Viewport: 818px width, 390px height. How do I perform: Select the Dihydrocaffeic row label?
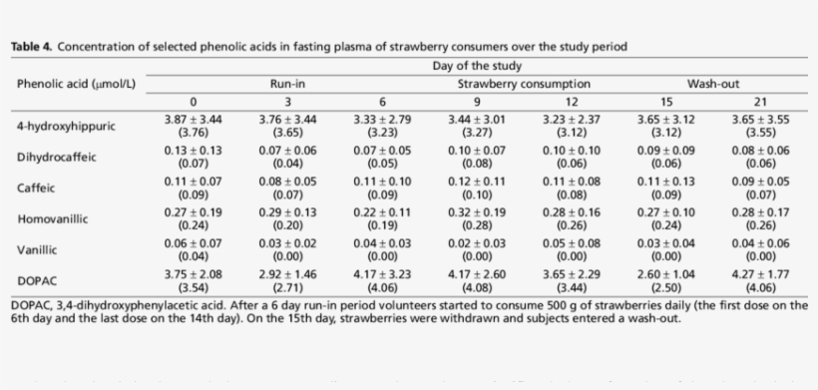click(57, 157)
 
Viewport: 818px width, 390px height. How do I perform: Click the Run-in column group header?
click(287, 85)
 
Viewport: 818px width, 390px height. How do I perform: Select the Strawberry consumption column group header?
click(524, 85)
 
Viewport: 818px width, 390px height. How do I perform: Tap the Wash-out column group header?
click(712, 85)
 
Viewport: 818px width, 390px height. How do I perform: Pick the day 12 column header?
click(571, 102)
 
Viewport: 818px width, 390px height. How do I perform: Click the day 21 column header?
click(760, 102)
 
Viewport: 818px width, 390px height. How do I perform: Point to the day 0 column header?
click(193, 102)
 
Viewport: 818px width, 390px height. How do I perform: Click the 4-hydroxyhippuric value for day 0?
click(193, 126)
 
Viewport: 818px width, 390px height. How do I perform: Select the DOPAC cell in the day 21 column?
click(760, 278)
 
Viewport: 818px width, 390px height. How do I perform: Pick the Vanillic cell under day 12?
click(571, 248)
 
